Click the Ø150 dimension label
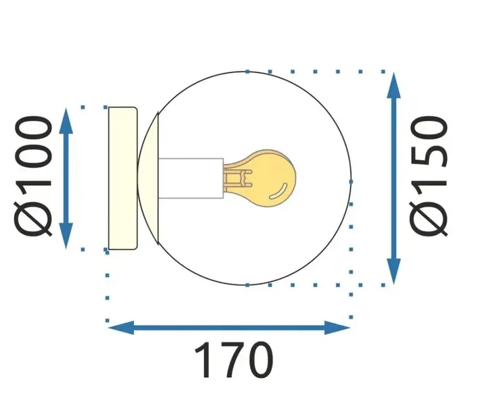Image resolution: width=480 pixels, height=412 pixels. pyautogui.click(x=431, y=177)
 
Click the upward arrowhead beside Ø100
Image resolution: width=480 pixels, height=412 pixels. pyautogui.click(x=66, y=119)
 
